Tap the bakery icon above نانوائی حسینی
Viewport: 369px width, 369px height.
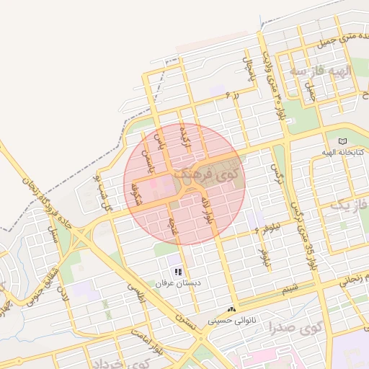232,308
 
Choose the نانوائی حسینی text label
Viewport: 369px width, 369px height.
232,319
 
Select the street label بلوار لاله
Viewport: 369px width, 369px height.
208,208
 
